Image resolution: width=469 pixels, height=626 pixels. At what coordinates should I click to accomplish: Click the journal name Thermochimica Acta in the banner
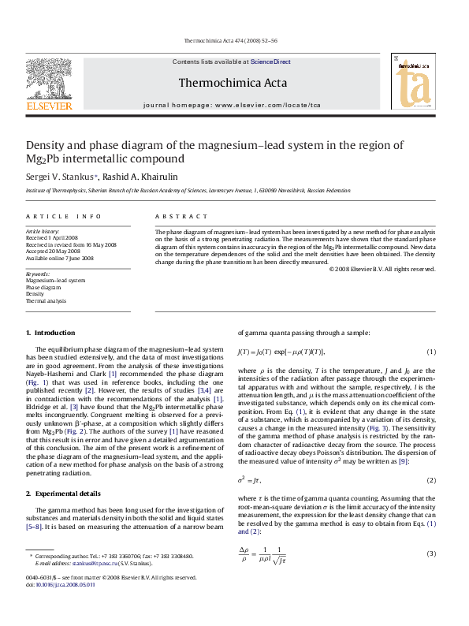click(x=232, y=81)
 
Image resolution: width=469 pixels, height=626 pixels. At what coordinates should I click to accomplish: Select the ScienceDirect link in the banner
click(x=270, y=61)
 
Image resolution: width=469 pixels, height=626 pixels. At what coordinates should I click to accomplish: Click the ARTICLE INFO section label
click(x=64, y=216)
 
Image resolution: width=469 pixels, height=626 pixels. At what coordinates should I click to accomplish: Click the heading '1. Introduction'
click(x=50, y=333)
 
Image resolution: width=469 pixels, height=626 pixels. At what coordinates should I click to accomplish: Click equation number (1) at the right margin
click(x=431, y=351)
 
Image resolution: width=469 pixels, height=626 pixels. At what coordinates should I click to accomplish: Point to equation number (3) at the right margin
click(x=431, y=553)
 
